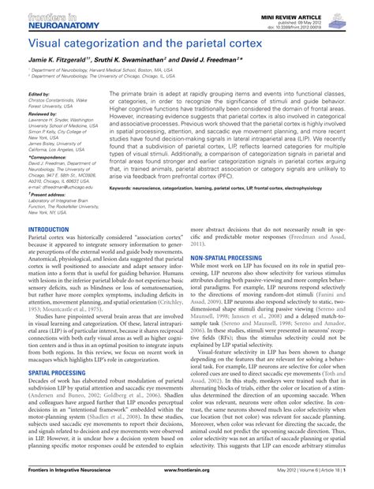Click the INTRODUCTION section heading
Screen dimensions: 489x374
(x=48, y=229)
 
